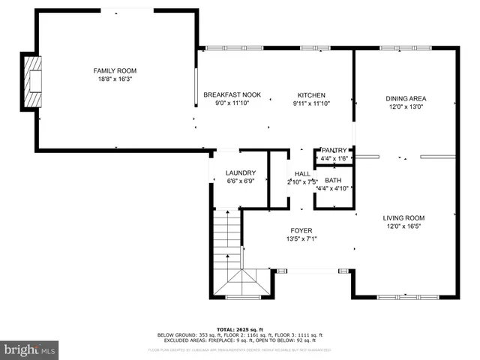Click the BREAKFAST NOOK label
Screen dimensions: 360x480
coord(232,95)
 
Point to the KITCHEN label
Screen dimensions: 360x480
coord(311,95)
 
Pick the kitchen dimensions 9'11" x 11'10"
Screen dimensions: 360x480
coord(311,103)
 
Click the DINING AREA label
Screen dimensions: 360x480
coord(406,98)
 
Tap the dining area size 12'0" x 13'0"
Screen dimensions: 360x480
coord(406,106)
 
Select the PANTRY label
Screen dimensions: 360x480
coord(334,151)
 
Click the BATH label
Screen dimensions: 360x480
coord(333,180)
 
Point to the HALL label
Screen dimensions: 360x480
coord(302,174)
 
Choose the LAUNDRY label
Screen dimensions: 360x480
coord(241,173)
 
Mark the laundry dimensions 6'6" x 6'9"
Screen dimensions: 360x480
coord(241,181)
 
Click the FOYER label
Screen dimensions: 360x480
coord(301,231)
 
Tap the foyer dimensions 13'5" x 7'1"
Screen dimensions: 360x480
coord(301,239)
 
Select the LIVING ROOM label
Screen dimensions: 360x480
coord(405,218)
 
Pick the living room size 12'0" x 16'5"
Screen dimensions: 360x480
coord(405,226)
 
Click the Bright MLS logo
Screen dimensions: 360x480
coord(30,349)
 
